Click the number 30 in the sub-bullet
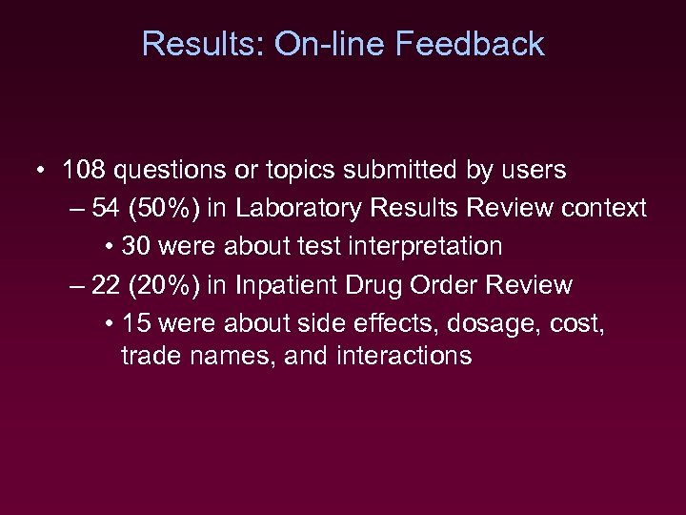(x=137, y=246)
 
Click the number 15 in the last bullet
(x=137, y=323)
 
